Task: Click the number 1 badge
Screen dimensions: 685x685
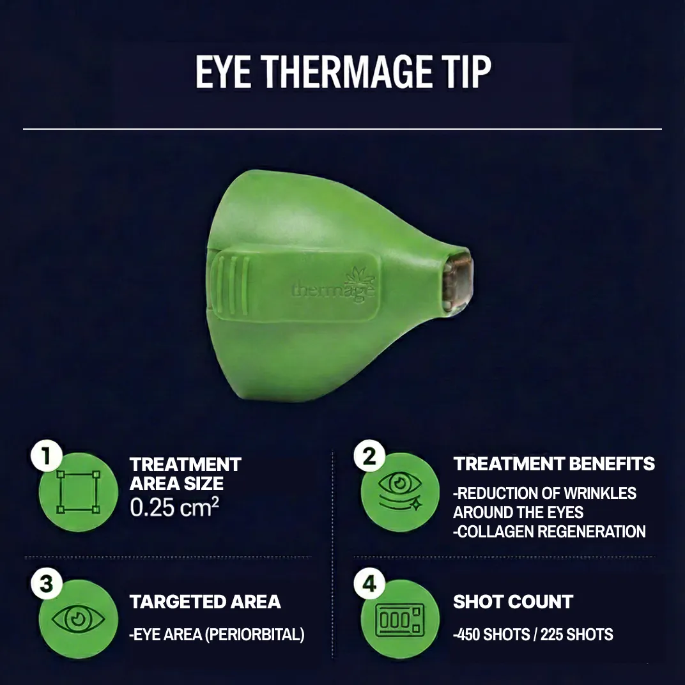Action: coord(46,458)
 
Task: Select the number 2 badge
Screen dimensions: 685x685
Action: coord(369,458)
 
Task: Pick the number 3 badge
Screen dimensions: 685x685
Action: coord(46,584)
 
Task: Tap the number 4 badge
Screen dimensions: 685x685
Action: coord(369,584)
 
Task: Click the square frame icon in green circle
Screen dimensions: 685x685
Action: coord(79,492)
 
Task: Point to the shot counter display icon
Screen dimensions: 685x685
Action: coord(400,620)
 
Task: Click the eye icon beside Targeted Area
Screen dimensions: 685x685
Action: coord(79,619)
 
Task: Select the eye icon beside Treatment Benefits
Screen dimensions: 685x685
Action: coord(400,492)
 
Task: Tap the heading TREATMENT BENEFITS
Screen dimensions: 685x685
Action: coord(554,464)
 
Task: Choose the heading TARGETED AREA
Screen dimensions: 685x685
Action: coord(205,602)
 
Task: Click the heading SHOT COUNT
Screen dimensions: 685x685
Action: coord(513,602)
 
